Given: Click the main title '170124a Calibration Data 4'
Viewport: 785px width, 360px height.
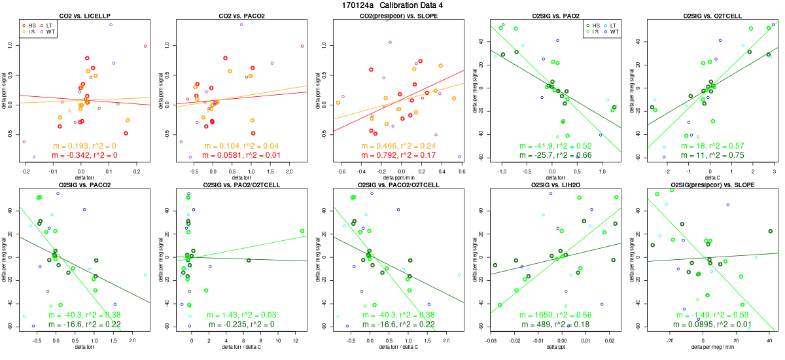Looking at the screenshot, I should (x=392, y=5).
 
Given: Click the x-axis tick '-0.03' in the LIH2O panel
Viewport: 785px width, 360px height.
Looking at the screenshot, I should (x=491, y=341).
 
